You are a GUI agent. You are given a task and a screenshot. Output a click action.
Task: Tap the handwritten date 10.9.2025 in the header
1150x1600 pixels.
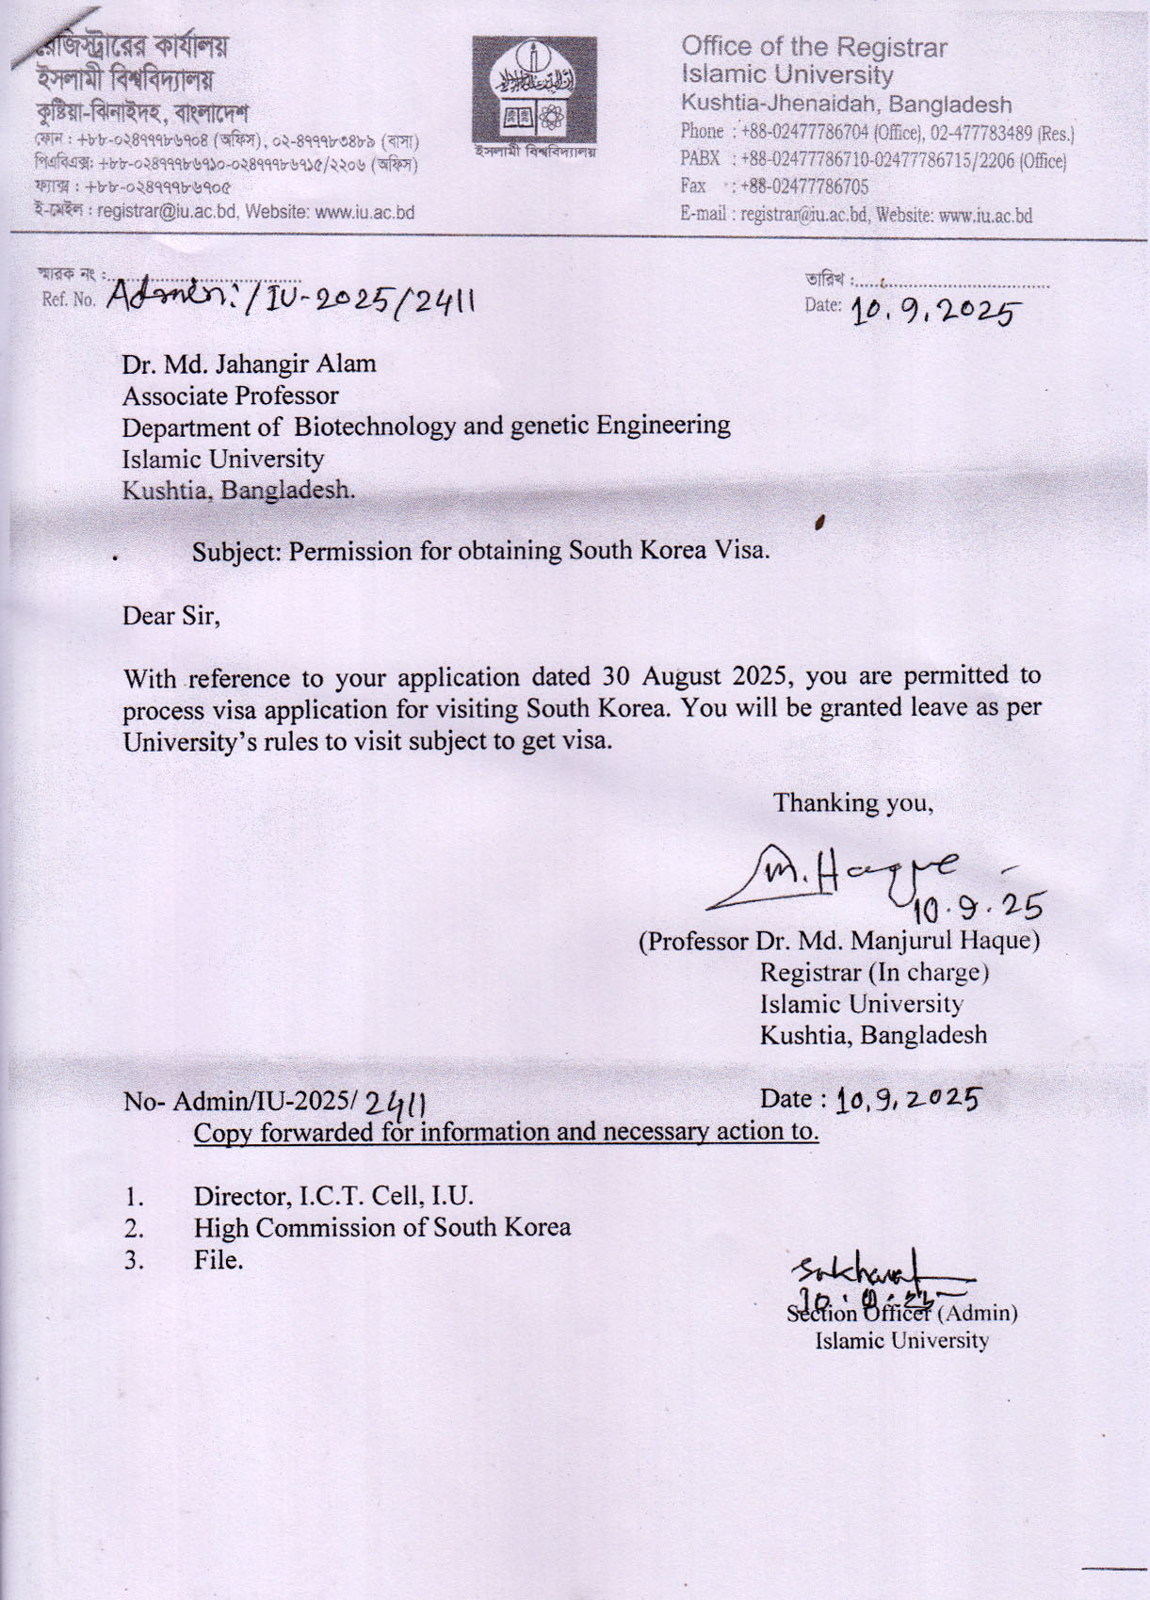[x=935, y=310]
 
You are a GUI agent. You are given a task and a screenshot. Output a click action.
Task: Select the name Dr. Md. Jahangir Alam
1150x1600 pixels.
[x=249, y=364]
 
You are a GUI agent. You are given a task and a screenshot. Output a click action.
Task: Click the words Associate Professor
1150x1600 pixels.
[x=230, y=396]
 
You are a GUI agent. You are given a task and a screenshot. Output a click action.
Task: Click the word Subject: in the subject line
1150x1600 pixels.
[x=236, y=551]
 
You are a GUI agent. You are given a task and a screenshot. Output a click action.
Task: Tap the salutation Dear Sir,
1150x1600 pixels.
[x=171, y=616]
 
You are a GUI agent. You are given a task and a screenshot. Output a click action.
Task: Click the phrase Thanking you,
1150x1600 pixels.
[x=852, y=803]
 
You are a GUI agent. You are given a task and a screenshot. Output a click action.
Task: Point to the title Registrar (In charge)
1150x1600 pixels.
[x=873, y=972]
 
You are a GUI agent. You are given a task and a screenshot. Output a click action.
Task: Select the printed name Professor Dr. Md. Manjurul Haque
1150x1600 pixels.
[x=839, y=941]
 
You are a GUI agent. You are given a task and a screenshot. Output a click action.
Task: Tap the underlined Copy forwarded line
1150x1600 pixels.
[x=506, y=1132]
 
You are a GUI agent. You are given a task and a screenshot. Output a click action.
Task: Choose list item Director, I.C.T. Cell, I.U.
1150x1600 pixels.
[x=333, y=1197]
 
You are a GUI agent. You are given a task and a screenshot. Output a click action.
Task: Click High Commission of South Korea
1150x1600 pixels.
[x=381, y=1228]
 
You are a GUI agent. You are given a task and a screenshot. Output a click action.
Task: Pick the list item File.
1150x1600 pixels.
[x=219, y=1260]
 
